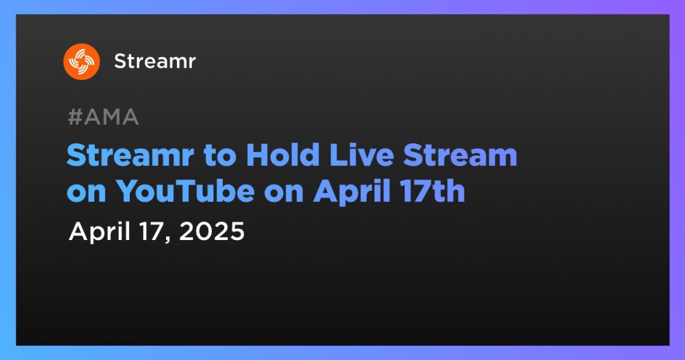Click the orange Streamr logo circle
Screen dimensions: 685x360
tap(81, 62)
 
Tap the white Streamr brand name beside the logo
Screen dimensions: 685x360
tap(155, 62)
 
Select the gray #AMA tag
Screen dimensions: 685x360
tap(104, 117)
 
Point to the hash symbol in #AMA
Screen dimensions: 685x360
tap(76, 117)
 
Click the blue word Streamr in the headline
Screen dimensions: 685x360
tap(130, 155)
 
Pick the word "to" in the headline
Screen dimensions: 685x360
tap(220, 156)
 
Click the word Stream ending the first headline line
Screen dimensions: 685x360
tap(460, 155)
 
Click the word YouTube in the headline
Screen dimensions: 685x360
tap(185, 191)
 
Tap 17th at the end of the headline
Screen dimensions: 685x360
tap(433, 191)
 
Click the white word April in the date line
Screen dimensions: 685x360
tap(100, 232)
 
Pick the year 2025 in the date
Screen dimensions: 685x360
tap(212, 231)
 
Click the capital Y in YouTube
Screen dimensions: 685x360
tap(127, 191)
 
